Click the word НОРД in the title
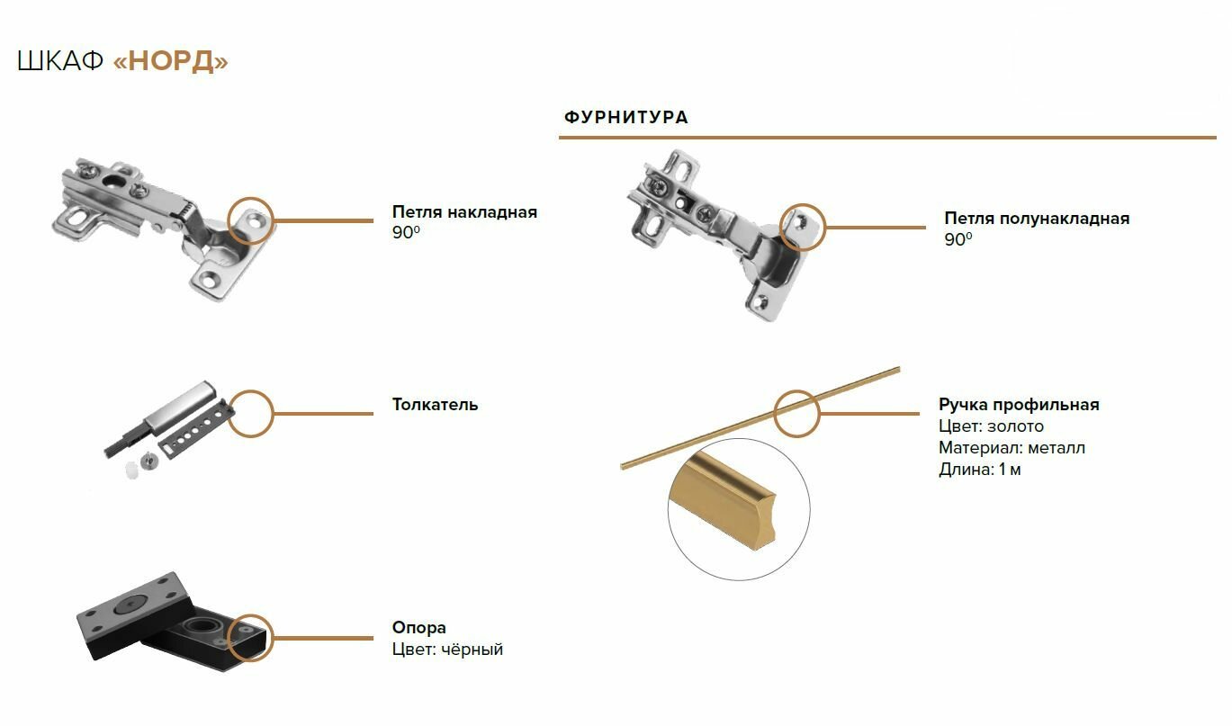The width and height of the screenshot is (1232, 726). (171, 61)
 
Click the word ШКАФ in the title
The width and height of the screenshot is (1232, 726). (60, 61)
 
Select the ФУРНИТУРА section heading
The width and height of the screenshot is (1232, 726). (625, 118)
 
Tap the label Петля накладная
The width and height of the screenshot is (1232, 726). (464, 212)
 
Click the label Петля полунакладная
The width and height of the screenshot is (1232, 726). (1037, 219)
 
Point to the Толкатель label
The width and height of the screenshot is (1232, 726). (435, 405)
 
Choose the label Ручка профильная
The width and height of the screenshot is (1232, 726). (1019, 405)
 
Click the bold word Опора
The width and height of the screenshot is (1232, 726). (418, 628)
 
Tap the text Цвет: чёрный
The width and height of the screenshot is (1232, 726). (447, 650)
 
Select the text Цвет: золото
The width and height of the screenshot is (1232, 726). (991, 426)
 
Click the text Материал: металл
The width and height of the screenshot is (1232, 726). (1012, 448)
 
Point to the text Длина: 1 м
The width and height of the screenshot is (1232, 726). (980, 470)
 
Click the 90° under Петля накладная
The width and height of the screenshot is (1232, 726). (406, 233)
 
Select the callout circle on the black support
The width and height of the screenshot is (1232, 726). (250, 638)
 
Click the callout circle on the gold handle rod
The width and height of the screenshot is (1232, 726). (797, 414)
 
